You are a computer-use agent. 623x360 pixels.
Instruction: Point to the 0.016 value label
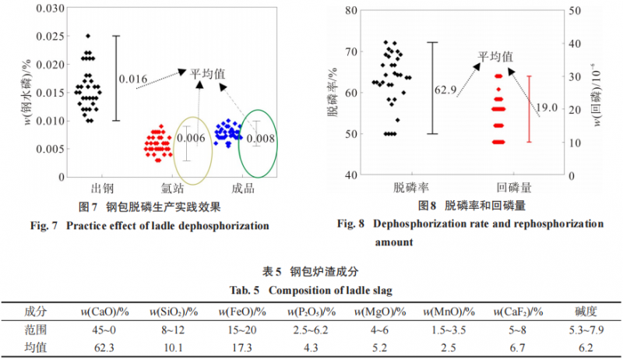[133, 79]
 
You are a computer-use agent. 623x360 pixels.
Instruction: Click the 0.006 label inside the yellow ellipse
[192, 137]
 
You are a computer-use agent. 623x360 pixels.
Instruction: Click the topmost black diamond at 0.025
[88, 36]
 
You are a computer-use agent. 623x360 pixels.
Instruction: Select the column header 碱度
[585, 312]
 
